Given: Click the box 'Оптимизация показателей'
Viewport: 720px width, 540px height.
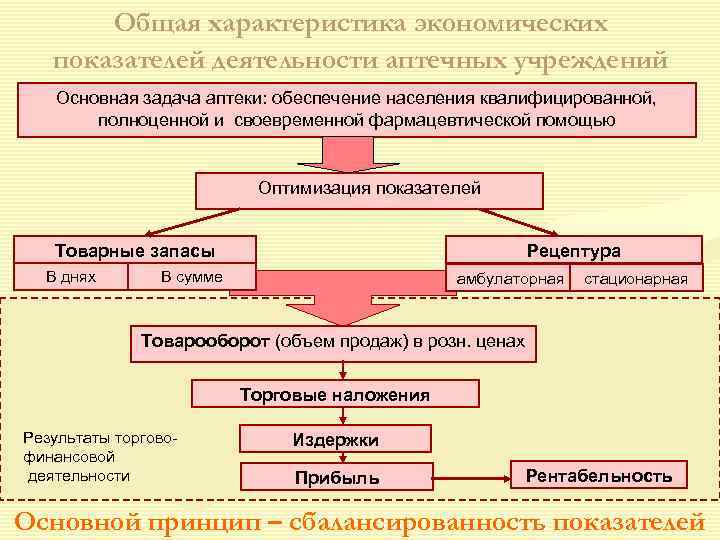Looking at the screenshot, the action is coord(369,189).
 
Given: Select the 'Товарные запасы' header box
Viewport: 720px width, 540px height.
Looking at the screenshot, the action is coord(134,250).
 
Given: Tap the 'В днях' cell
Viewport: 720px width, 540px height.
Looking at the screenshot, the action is coord(71,276).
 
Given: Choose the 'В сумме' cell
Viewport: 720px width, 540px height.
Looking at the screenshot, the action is coord(192,276).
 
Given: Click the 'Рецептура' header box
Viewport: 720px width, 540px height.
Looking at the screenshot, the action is coord(573,250).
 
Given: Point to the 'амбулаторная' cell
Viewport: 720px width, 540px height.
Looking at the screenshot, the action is coord(510,279).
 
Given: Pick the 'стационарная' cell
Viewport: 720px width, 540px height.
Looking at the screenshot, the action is coord(636,279).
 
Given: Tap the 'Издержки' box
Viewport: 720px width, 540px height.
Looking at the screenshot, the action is coord(336,439).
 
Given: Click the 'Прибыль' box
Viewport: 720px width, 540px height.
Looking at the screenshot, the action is coord(337,477).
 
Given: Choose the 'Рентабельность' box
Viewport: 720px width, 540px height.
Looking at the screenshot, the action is coord(599,475).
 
